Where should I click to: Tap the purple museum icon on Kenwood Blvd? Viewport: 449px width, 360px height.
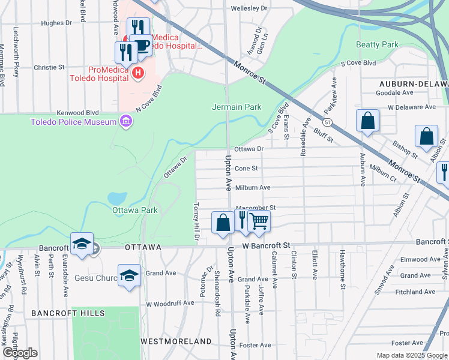pyautogui.click(x=125, y=122)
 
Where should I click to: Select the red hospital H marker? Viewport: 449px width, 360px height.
pyautogui.click(x=138, y=73)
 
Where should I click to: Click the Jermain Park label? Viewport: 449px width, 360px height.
pyautogui.click(x=237, y=107)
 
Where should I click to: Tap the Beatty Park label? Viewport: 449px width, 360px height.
pyautogui.click(x=377, y=44)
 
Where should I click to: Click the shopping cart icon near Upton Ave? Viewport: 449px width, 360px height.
pyautogui.click(x=259, y=221)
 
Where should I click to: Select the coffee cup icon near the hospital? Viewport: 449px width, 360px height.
pyautogui.click(x=140, y=46)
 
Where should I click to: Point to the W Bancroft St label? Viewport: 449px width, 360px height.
pyautogui.click(x=266, y=245)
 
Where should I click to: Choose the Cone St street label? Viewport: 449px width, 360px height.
pyautogui.click(x=246, y=169)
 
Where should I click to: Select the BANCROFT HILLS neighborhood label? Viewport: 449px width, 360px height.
pyautogui.click(x=68, y=313)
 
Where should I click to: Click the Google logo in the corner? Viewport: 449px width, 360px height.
pyautogui.click(x=20, y=353)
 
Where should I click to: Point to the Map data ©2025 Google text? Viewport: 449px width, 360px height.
pyautogui.click(x=412, y=355)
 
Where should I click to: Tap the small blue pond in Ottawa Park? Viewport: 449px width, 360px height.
pyautogui.click(x=116, y=197)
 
